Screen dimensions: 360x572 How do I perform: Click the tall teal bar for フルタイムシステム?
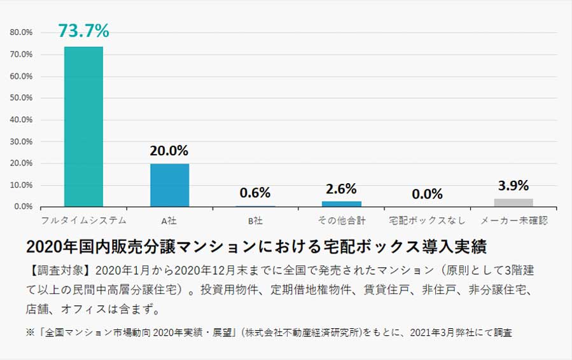(x=83, y=127)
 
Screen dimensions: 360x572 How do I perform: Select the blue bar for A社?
(x=169, y=185)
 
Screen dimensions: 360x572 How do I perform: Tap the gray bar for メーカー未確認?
(x=513, y=202)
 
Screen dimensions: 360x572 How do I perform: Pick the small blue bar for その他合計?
(x=341, y=204)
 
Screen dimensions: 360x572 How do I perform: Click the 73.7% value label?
(x=83, y=30)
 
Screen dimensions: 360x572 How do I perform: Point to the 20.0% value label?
(x=169, y=151)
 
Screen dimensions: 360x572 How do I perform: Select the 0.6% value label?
(x=255, y=193)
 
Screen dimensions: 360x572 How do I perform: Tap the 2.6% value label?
(x=341, y=189)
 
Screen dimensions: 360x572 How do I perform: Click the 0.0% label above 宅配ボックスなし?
(x=427, y=194)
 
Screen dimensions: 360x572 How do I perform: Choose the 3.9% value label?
(x=513, y=186)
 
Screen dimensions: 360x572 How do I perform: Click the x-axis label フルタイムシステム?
(x=83, y=221)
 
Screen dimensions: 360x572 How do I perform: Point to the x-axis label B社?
(x=255, y=221)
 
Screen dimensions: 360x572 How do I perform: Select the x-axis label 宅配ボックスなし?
(x=427, y=221)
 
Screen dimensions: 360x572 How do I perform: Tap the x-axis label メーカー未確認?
(x=513, y=221)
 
